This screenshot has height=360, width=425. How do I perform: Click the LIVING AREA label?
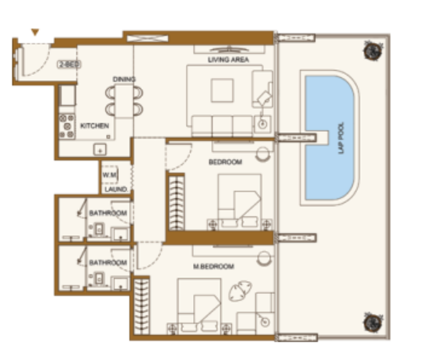click(x=228, y=60)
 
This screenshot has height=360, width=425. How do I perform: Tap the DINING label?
click(x=124, y=79)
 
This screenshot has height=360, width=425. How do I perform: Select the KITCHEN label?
click(x=95, y=125)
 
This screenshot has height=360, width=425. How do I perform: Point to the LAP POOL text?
click(x=341, y=138)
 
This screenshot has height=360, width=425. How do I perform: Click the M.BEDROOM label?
click(x=213, y=266)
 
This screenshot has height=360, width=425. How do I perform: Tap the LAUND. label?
click(x=116, y=189)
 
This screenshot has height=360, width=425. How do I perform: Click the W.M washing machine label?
click(x=110, y=175)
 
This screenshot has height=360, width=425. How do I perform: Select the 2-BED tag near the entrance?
click(x=69, y=65)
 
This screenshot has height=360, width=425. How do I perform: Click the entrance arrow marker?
click(x=35, y=32)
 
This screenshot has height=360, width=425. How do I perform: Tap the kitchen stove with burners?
click(x=67, y=126)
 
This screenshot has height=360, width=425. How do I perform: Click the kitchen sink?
click(x=100, y=150)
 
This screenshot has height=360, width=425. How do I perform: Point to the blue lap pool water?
click(x=329, y=138)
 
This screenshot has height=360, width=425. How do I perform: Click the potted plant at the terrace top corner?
click(x=373, y=51)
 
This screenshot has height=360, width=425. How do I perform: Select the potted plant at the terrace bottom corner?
click(x=373, y=323)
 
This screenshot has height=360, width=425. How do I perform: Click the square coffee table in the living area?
click(x=223, y=90)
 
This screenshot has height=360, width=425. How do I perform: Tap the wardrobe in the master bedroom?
click(x=142, y=306)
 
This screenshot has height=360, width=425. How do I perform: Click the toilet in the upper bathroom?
click(x=99, y=230)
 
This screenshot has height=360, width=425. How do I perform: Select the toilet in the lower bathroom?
click(x=99, y=279)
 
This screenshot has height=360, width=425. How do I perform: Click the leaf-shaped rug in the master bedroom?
click(x=241, y=291)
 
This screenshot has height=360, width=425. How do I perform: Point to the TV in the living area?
click(x=229, y=50)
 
